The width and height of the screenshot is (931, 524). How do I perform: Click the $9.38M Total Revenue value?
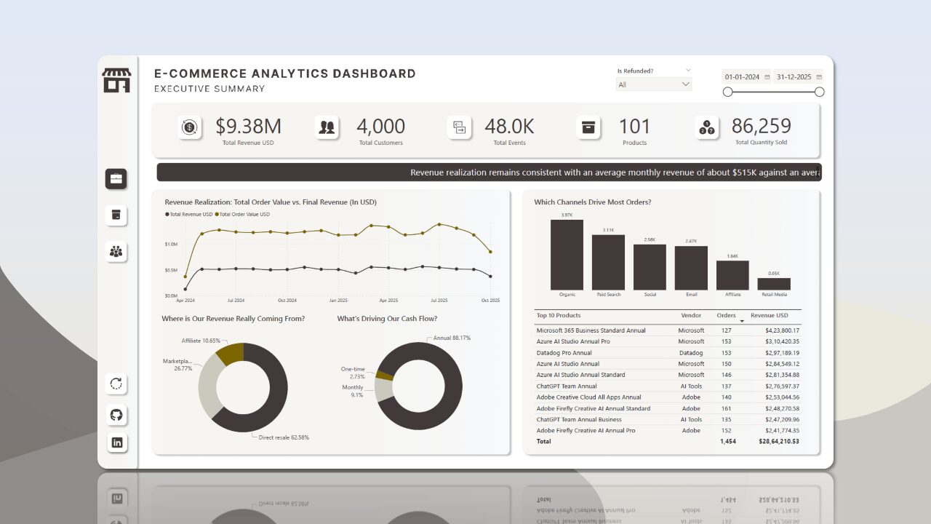click(x=248, y=127)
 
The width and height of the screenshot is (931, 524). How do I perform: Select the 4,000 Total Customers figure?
click(x=380, y=127)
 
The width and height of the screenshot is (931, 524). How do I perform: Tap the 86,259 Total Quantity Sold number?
click(x=761, y=127)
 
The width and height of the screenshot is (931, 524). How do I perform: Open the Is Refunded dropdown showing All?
click(x=653, y=84)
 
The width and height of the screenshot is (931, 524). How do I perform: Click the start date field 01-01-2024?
click(x=742, y=77)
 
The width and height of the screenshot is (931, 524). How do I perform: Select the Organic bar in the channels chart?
click(x=567, y=255)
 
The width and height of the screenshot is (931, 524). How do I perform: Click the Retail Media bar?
click(x=774, y=284)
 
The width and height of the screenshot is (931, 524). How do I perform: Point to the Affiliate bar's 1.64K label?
click(x=732, y=256)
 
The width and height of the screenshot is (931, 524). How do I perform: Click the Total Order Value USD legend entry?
click(x=244, y=214)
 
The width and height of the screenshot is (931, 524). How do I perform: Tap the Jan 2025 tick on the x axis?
click(x=337, y=301)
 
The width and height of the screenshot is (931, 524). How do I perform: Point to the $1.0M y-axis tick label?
click(x=171, y=245)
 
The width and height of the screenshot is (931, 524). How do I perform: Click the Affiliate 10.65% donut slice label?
click(x=200, y=341)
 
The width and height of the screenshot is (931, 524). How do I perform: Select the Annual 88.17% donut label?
click(x=452, y=338)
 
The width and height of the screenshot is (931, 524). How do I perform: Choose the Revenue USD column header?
click(x=770, y=316)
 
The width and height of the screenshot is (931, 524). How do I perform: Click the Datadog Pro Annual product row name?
click(x=564, y=353)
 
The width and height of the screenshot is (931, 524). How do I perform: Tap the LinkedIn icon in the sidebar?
click(x=116, y=442)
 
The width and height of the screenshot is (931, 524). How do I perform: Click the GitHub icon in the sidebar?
click(x=116, y=415)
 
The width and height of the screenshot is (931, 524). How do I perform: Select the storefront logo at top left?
click(x=116, y=81)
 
